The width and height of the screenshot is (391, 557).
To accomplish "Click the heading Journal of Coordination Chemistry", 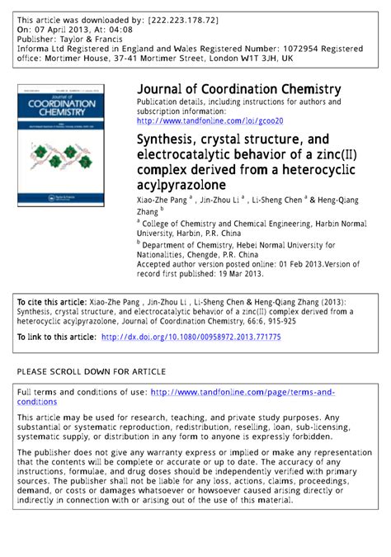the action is click(238, 89).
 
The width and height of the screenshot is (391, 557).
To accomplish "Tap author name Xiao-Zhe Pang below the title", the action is click(163, 201).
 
